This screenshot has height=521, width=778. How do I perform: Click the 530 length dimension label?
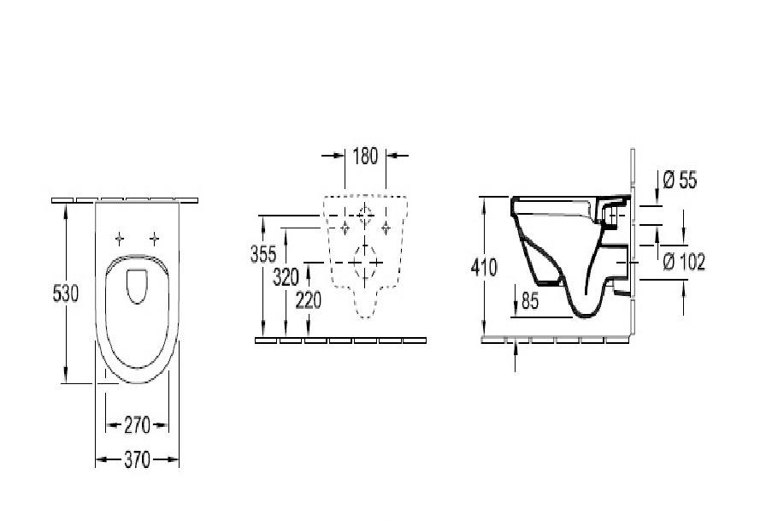click(x=65, y=293)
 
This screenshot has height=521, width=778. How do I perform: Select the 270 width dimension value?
click(x=137, y=424)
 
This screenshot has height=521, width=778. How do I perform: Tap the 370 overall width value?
click(x=137, y=460)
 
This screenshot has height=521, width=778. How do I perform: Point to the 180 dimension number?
click(x=365, y=156)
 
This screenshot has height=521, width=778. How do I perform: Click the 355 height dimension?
click(x=263, y=255)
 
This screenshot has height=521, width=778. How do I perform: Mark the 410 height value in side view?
click(x=483, y=267)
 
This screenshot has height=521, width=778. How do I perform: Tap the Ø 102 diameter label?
click(x=684, y=263)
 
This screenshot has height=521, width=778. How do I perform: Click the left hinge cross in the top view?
click(x=121, y=238)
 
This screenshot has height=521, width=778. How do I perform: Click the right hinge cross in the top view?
click(x=154, y=238)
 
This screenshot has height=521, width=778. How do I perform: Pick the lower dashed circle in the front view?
click(x=365, y=258)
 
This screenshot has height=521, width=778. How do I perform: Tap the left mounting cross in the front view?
click(x=345, y=226)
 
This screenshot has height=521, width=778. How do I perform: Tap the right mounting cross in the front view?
click(x=386, y=226)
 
